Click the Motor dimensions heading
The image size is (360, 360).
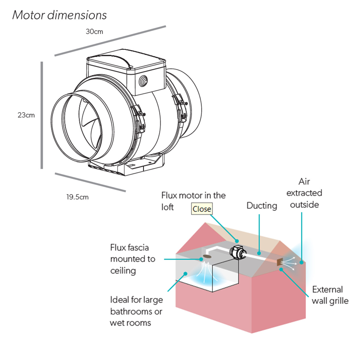(59, 15)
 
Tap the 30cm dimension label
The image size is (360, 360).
(94, 31)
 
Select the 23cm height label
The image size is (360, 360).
(26, 115)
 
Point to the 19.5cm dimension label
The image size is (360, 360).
(77, 197)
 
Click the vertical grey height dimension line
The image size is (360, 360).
(42, 115)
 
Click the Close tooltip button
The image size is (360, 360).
(202, 209)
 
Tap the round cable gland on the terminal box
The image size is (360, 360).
(143, 81)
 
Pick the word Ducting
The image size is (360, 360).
(262, 206)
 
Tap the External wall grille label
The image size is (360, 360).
(330, 295)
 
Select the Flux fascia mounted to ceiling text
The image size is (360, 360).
(132, 259)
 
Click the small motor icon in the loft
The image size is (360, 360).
(237, 252)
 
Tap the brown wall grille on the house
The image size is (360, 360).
(279, 262)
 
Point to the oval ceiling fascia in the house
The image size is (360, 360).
(207, 257)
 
